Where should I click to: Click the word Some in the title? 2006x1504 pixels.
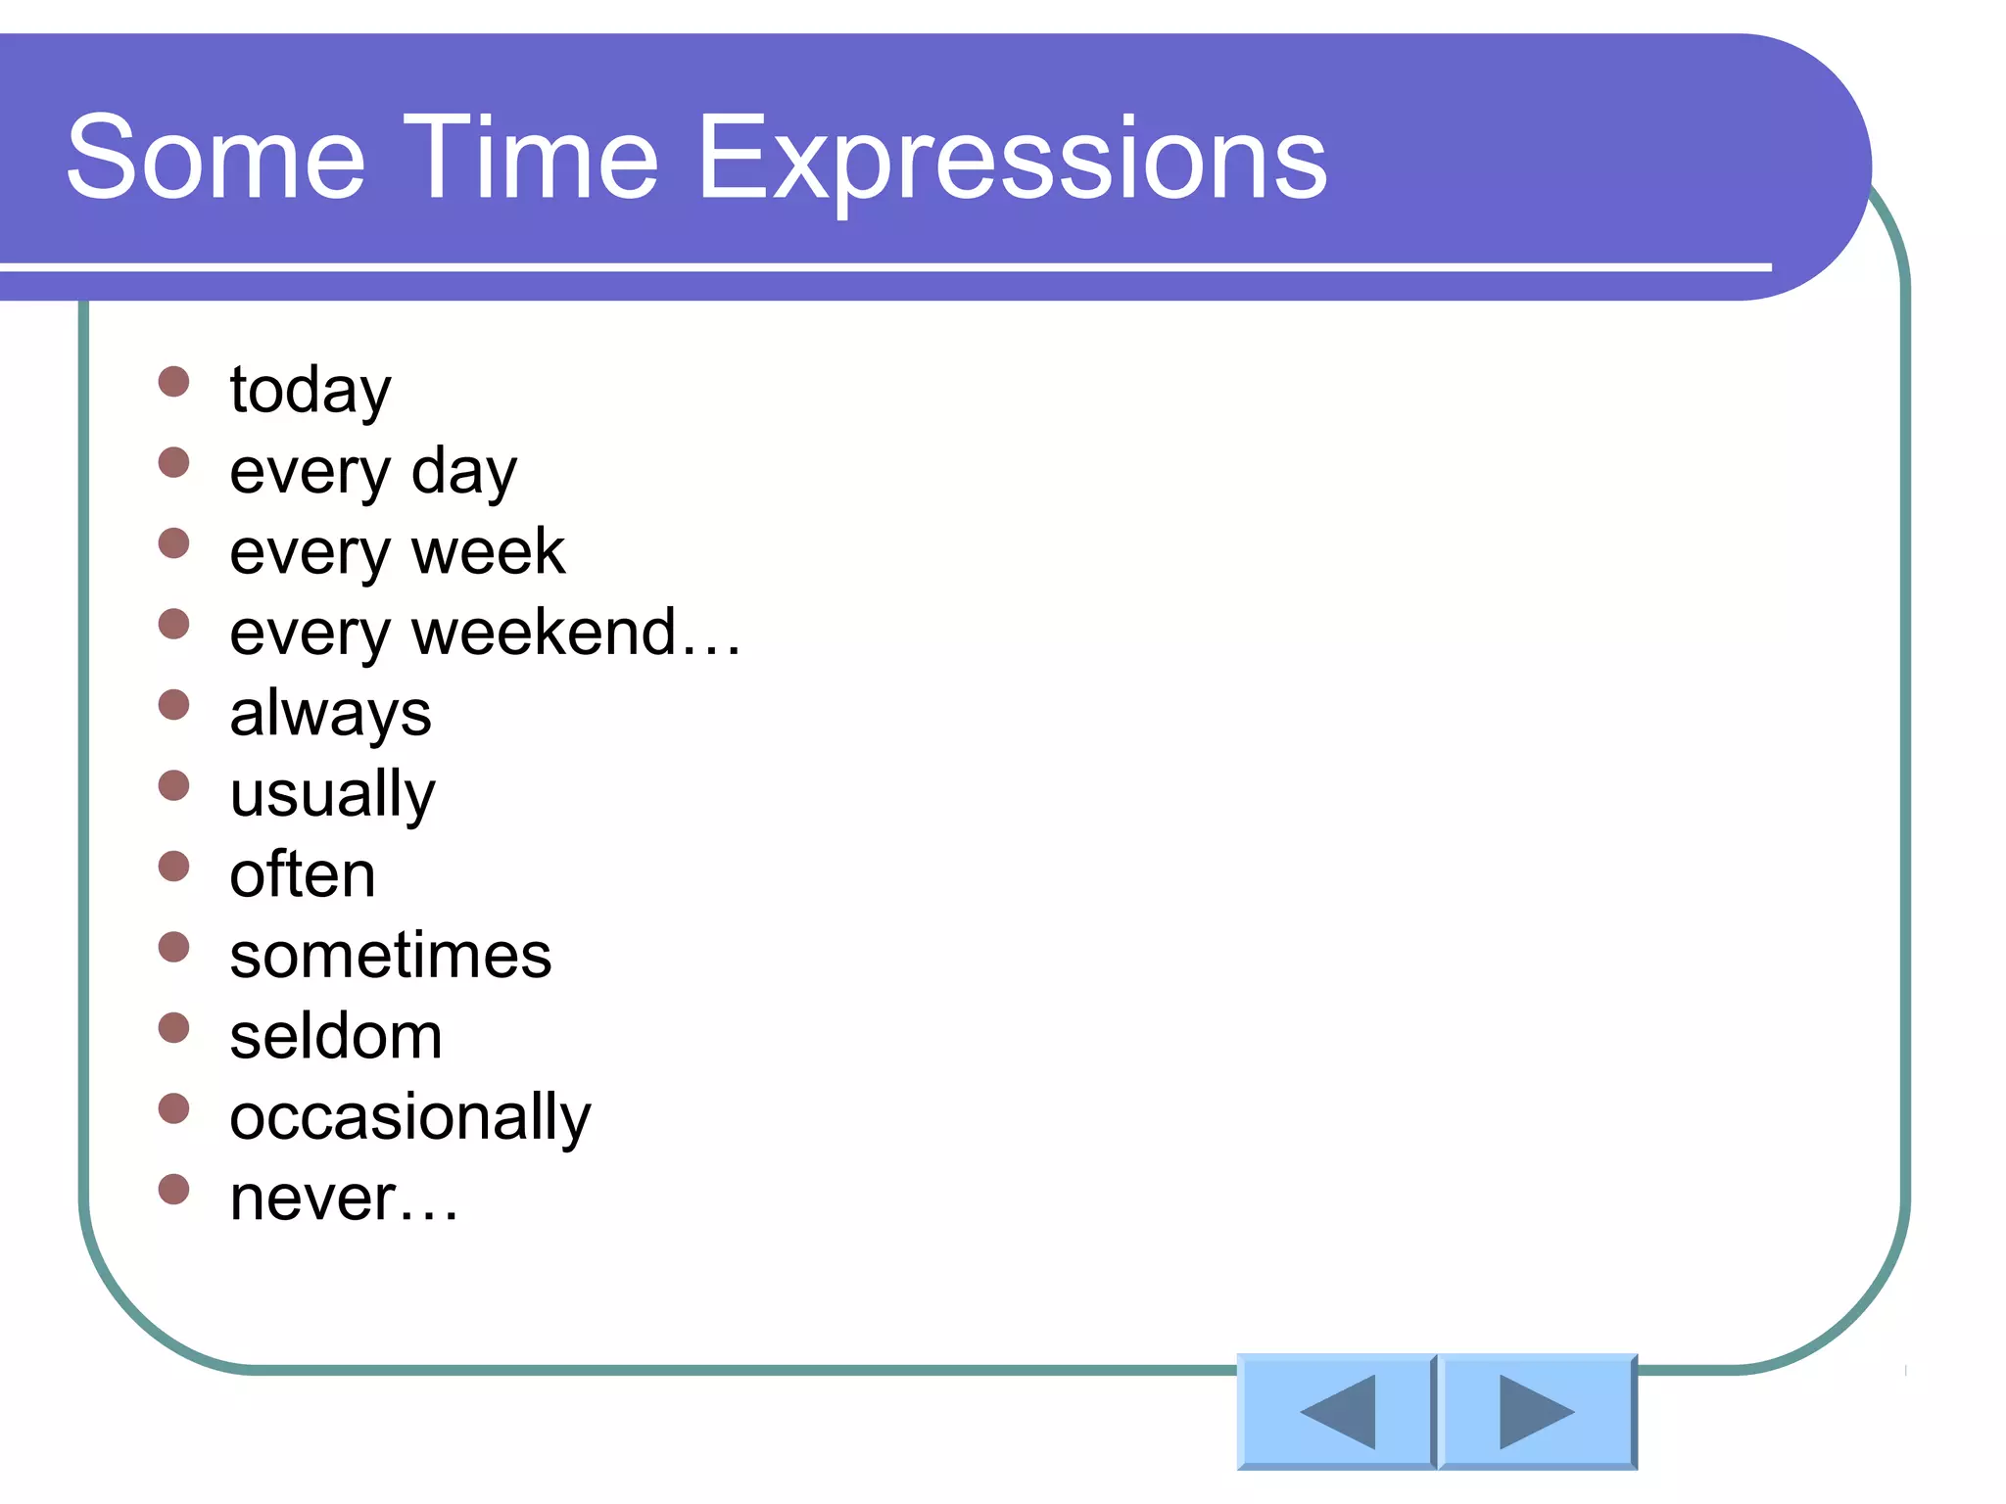point(215,159)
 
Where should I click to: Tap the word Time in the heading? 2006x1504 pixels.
point(530,159)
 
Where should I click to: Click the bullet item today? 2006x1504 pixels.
point(310,390)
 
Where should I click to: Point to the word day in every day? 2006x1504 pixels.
point(463,472)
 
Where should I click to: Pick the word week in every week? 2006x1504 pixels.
point(488,551)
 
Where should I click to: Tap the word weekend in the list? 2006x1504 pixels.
point(544,633)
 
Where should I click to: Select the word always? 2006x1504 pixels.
point(330,714)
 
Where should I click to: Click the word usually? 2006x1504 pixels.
point(332,794)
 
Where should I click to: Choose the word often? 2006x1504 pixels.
point(302,874)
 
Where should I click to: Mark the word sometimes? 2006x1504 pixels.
point(390,956)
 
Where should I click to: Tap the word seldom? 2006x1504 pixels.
point(335,1036)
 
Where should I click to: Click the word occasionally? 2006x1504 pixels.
point(409,1117)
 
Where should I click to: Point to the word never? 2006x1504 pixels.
point(312,1198)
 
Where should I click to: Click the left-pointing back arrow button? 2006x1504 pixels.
point(1336,1411)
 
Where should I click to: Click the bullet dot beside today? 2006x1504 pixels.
point(173,382)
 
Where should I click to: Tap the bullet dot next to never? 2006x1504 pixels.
point(173,1190)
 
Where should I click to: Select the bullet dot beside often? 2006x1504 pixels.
point(173,867)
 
